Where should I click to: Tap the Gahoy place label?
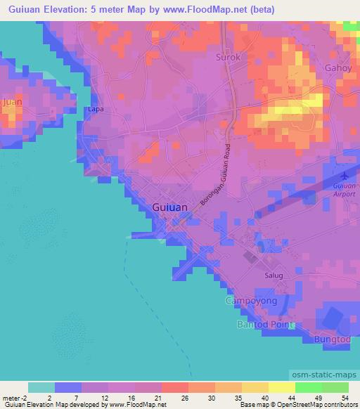pyautogui.click(x=337, y=68)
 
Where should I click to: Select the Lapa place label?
pyautogui.click(x=95, y=110)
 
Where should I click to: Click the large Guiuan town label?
pyautogui.click(x=169, y=207)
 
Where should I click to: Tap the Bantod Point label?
pyautogui.click(x=264, y=325)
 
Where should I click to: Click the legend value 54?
pyautogui.click(x=346, y=397)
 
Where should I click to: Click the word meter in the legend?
pyautogui.click(x=11, y=397)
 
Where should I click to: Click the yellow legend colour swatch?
pyautogui.click(x=281, y=387)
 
